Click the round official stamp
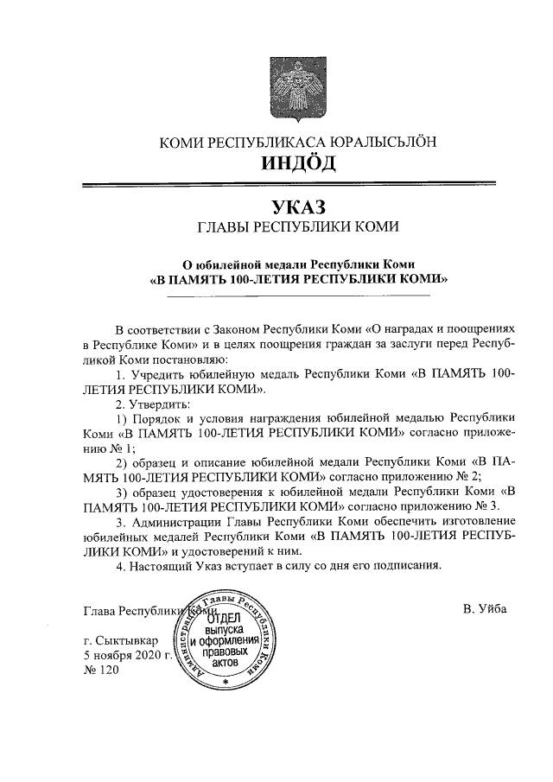[x=224, y=640]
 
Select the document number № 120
[x=99, y=670]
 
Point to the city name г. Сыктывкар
[x=122, y=640]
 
